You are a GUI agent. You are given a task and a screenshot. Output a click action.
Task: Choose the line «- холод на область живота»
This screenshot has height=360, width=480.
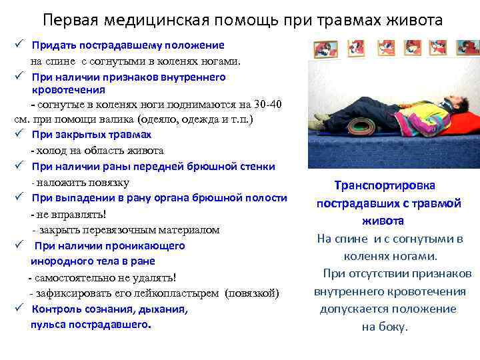point(97,151)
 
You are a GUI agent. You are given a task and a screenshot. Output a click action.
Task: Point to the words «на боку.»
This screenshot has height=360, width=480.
point(385,327)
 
